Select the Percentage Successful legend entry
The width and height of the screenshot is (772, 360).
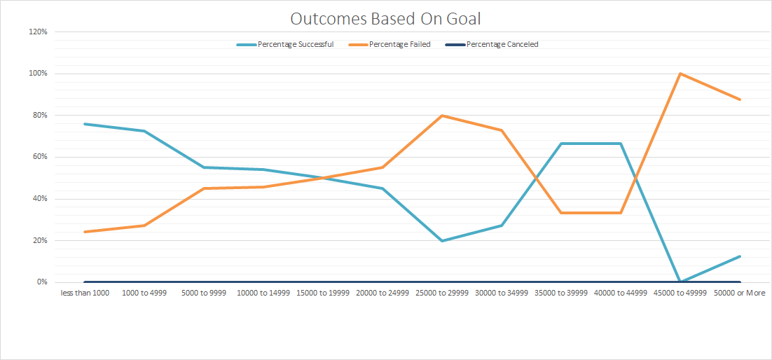tap(295, 44)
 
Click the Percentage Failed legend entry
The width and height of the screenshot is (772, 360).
tap(399, 44)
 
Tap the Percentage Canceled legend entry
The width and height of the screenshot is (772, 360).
tap(502, 44)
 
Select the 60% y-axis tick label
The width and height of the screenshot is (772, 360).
tap(39, 157)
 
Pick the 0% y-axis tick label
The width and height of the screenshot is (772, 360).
tap(41, 282)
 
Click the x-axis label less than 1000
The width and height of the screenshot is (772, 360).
tap(84, 293)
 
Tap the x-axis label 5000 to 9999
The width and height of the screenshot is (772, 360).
tap(203, 293)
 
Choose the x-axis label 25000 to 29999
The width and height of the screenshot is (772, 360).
tap(442, 293)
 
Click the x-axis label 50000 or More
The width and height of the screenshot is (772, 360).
tap(739, 293)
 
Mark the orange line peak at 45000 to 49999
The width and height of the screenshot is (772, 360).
tap(680, 74)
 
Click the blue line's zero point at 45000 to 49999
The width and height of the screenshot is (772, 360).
tap(680, 282)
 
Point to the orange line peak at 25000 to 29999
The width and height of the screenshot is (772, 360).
tap(442, 116)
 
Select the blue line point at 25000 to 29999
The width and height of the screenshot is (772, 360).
tap(442, 241)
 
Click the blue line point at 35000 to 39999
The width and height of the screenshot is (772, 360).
tap(561, 144)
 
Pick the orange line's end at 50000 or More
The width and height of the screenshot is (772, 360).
tap(740, 99)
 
